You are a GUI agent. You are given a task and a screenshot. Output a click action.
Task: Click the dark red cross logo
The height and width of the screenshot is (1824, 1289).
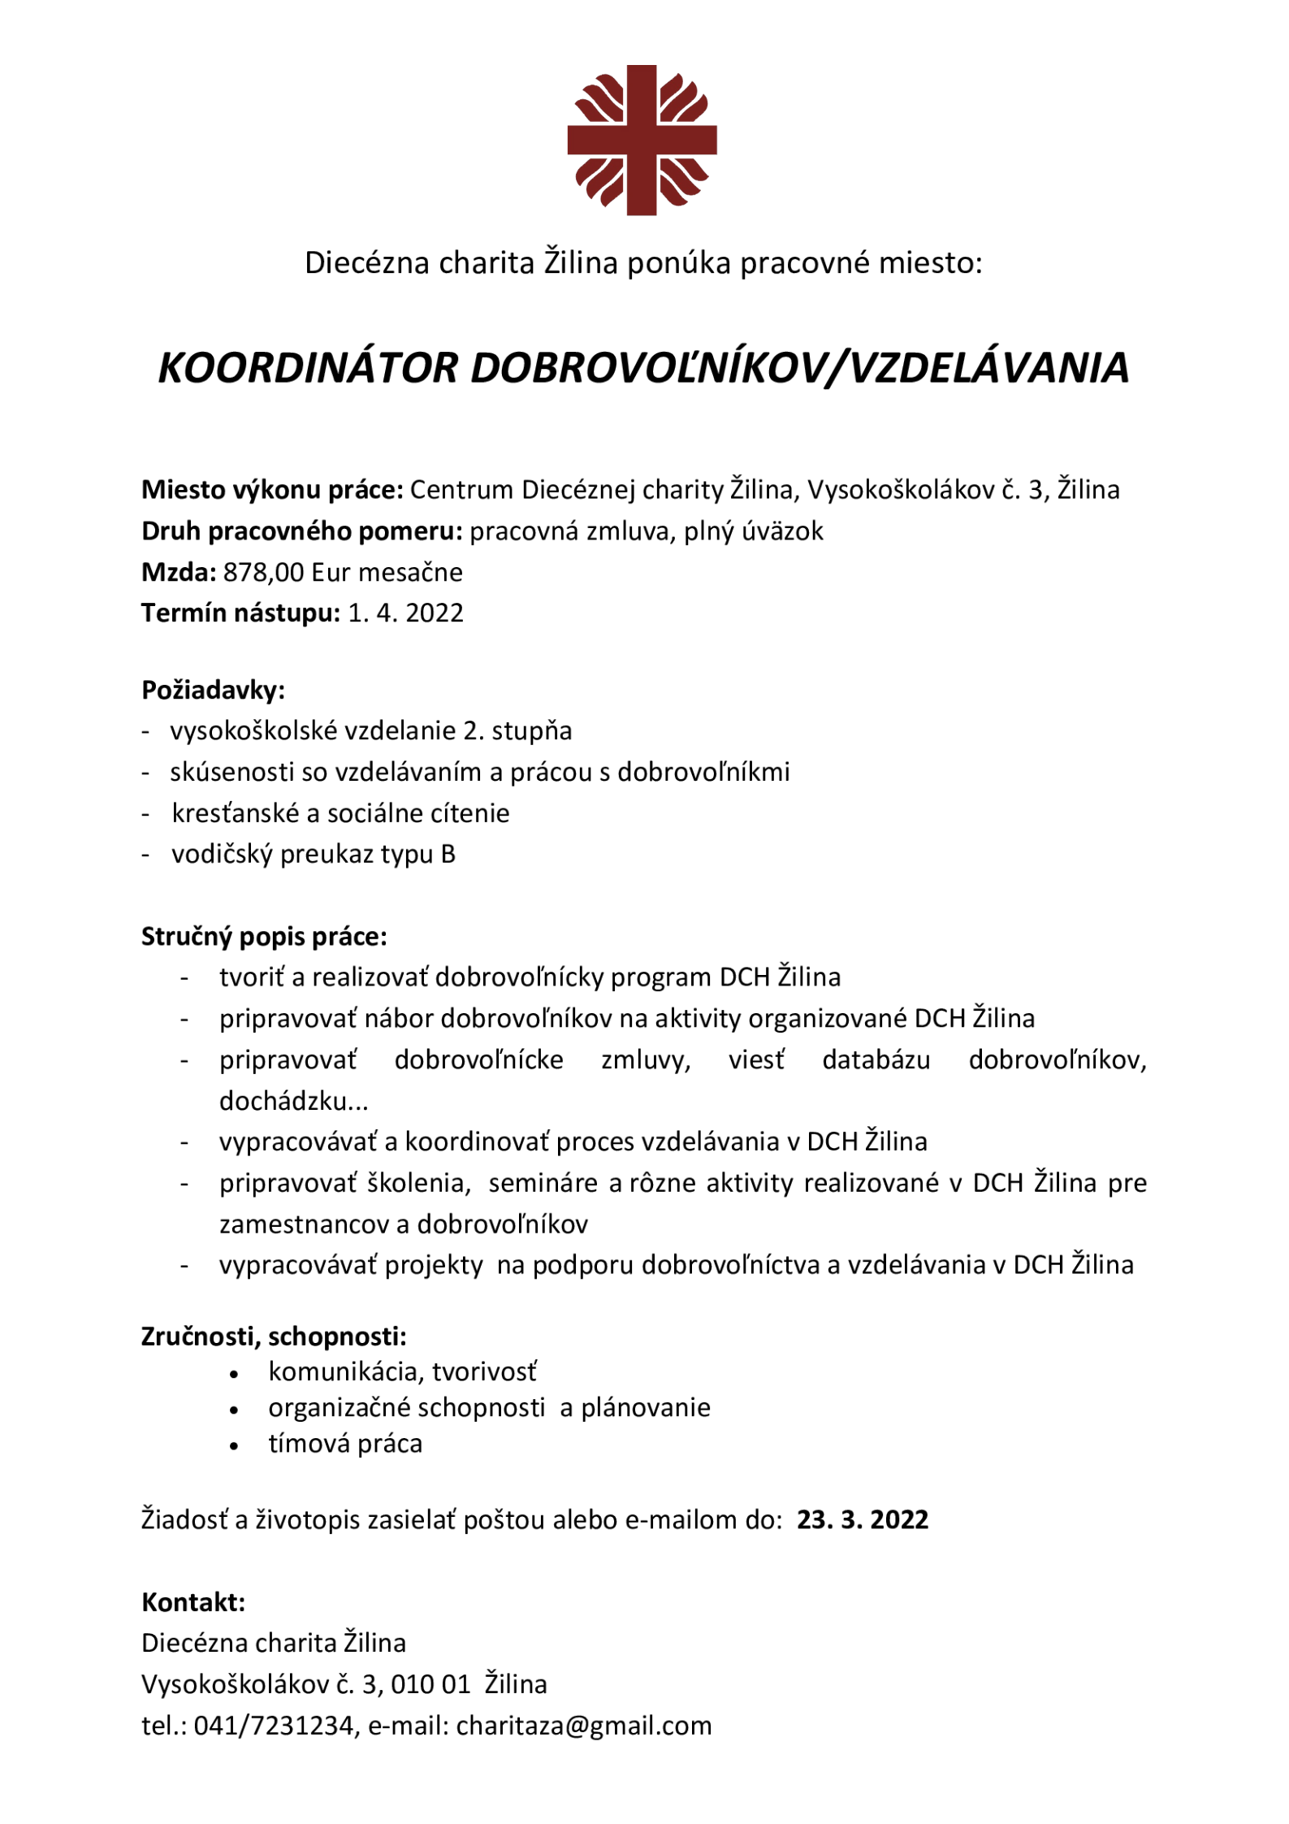(642, 140)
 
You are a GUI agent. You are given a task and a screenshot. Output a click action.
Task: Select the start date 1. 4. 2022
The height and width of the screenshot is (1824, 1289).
(405, 613)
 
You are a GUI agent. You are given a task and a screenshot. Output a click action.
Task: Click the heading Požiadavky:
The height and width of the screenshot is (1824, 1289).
(213, 691)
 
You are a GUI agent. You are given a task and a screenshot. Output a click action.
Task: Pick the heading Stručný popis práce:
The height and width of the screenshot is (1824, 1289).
(264, 937)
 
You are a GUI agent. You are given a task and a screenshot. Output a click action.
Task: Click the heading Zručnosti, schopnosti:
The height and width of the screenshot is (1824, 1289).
(274, 1337)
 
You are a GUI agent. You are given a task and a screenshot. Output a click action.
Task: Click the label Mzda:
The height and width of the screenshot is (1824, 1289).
(179, 573)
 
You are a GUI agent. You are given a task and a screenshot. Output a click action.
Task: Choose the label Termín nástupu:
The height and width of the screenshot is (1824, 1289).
(240, 613)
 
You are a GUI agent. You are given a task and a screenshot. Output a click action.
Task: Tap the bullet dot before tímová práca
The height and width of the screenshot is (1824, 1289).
(234, 1447)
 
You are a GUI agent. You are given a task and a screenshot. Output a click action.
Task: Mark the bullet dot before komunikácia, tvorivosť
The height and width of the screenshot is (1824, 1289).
(234, 1375)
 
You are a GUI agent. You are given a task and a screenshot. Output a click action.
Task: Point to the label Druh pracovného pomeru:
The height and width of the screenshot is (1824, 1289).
(301, 531)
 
